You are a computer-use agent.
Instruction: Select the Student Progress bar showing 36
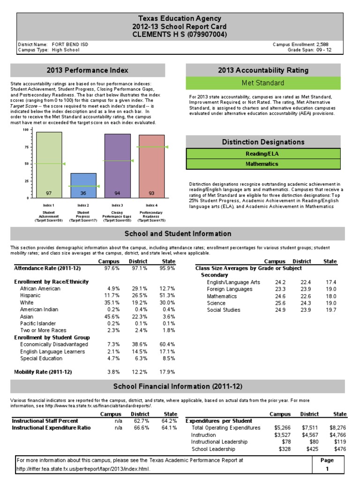tap(83, 185)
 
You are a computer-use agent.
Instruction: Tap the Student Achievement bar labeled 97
tap(49, 164)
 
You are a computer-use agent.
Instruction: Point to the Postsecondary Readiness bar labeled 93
tap(151, 166)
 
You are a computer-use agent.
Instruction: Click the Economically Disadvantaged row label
tap(54, 345)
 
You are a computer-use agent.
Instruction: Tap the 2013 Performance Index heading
tap(87, 70)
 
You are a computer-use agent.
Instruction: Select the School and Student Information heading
tap(178, 233)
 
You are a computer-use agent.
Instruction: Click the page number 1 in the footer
tap(327, 469)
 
